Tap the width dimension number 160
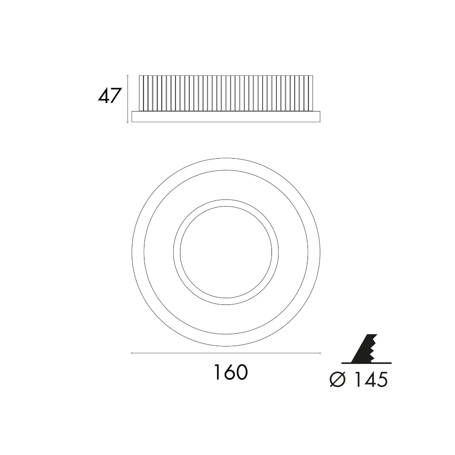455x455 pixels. pos(231,372)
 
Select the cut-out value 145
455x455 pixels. pos(371,379)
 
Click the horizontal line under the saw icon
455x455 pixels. pos(367,363)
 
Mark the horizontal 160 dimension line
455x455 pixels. pos(226,353)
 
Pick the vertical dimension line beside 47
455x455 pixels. pos(128,99)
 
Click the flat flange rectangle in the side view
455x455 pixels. pos(226,116)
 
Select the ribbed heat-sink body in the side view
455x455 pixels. pos(226,93)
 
